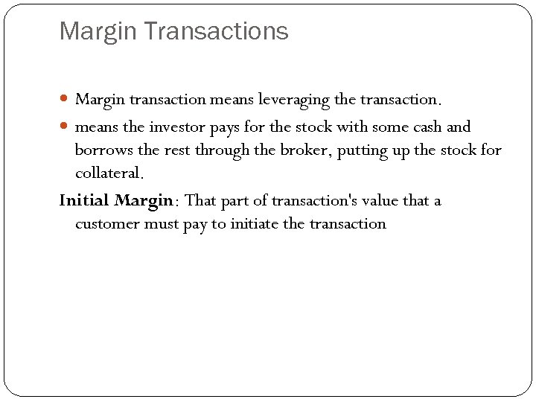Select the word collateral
click(x=107, y=174)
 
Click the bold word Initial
click(x=84, y=200)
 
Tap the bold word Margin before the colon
click(x=144, y=200)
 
